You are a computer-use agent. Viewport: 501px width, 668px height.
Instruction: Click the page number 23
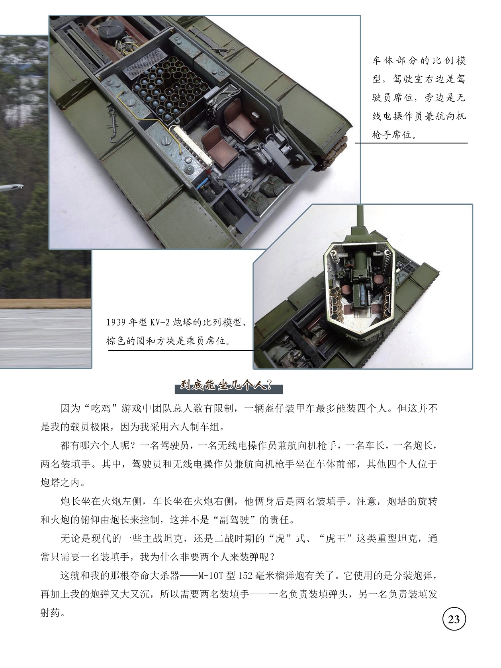(454, 619)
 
